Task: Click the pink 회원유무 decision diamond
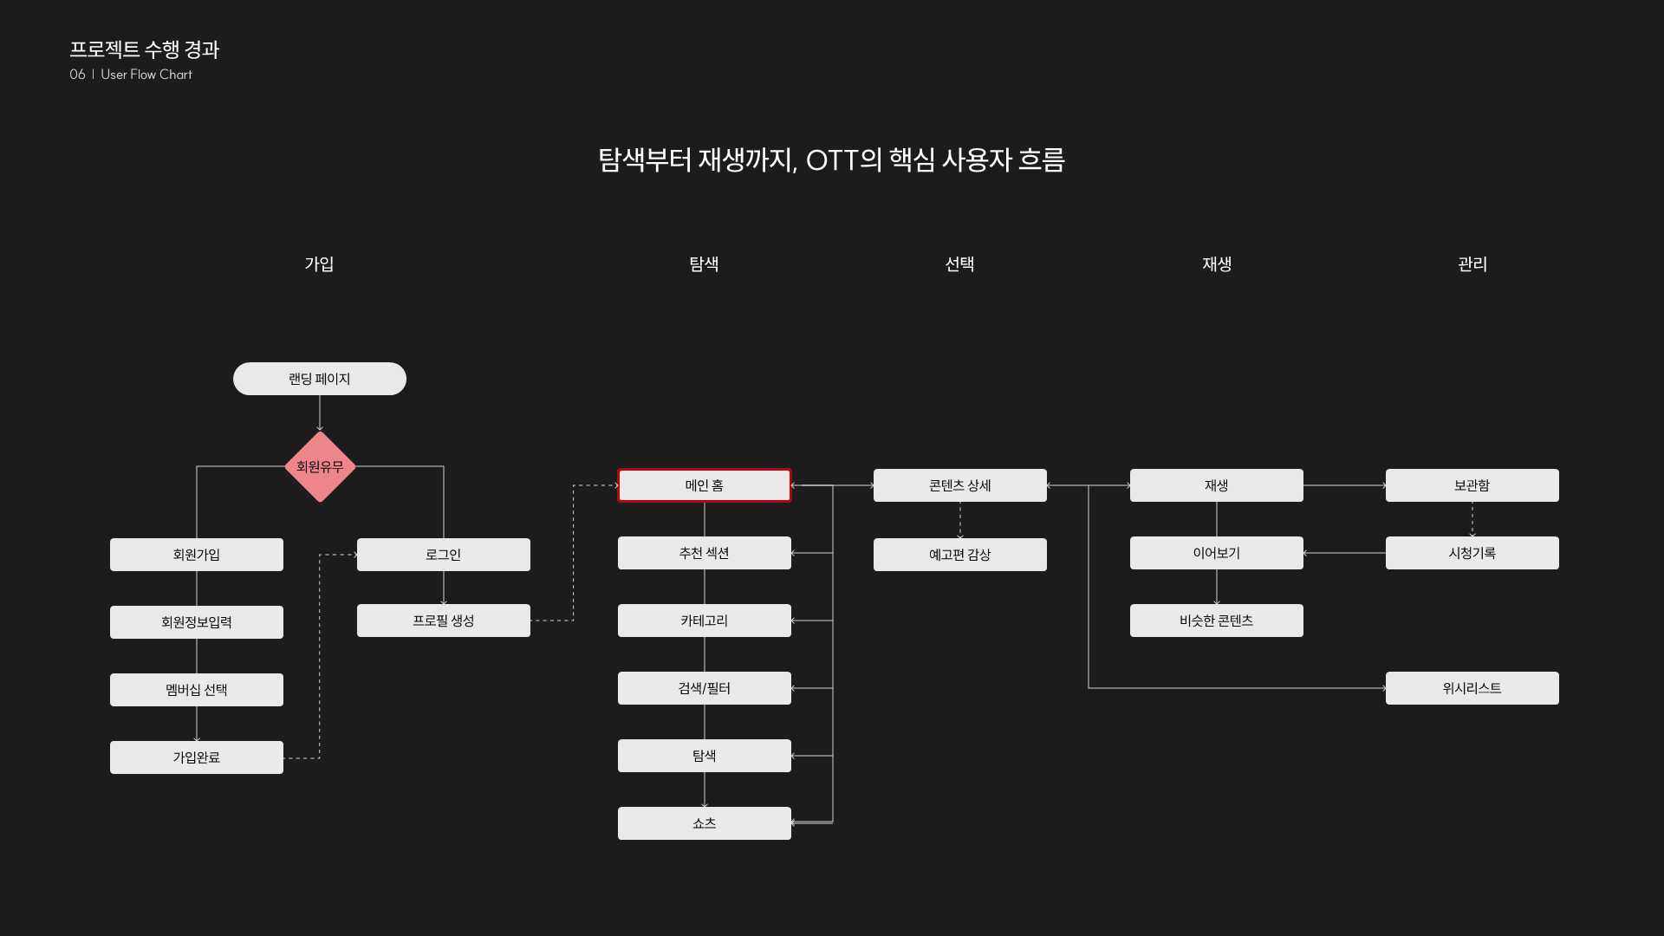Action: click(320, 467)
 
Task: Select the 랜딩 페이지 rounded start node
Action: click(320, 379)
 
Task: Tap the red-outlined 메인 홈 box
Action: click(704, 485)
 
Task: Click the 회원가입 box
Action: click(197, 555)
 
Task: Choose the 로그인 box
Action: click(444, 555)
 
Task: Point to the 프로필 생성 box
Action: click(444, 621)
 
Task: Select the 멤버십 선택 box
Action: click(197, 690)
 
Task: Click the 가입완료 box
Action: click(197, 757)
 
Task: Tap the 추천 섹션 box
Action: click(704, 553)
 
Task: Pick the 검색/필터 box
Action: click(704, 688)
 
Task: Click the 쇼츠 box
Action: click(704, 823)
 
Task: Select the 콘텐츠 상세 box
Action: click(960, 485)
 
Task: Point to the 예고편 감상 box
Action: click(960, 555)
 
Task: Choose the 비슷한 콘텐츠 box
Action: click(1216, 621)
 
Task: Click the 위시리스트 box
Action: click(1472, 688)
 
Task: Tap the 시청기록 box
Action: click(1472, 553)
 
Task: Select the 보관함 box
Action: click(1472, 485)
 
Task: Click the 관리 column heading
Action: click(1472, 264)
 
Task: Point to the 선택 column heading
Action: click(959, 264)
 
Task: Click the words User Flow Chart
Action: click(146, 75)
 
